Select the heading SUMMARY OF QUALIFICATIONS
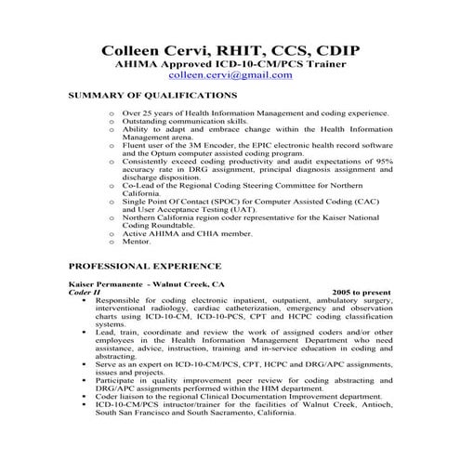click(x=153, y=95)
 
